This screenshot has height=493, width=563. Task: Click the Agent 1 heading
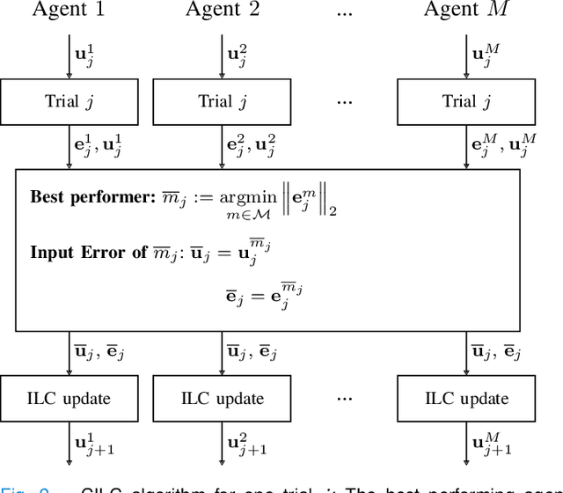pos(69,11)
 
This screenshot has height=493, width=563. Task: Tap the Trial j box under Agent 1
pos(69,101)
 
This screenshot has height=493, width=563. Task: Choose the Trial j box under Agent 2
pos(221,101)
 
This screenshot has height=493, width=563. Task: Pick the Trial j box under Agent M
pos(464,101)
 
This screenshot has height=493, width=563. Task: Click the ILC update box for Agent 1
pos(69,398)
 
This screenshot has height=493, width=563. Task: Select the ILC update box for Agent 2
pos(221,398)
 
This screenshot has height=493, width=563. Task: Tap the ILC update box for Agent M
pos(464,398)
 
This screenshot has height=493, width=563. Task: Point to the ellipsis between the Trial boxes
pos(344,101)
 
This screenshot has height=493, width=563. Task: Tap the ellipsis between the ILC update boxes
pos(344,398)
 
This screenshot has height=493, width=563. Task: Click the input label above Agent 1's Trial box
pos(85,55)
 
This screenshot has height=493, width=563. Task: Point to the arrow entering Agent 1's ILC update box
pos(69,356)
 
